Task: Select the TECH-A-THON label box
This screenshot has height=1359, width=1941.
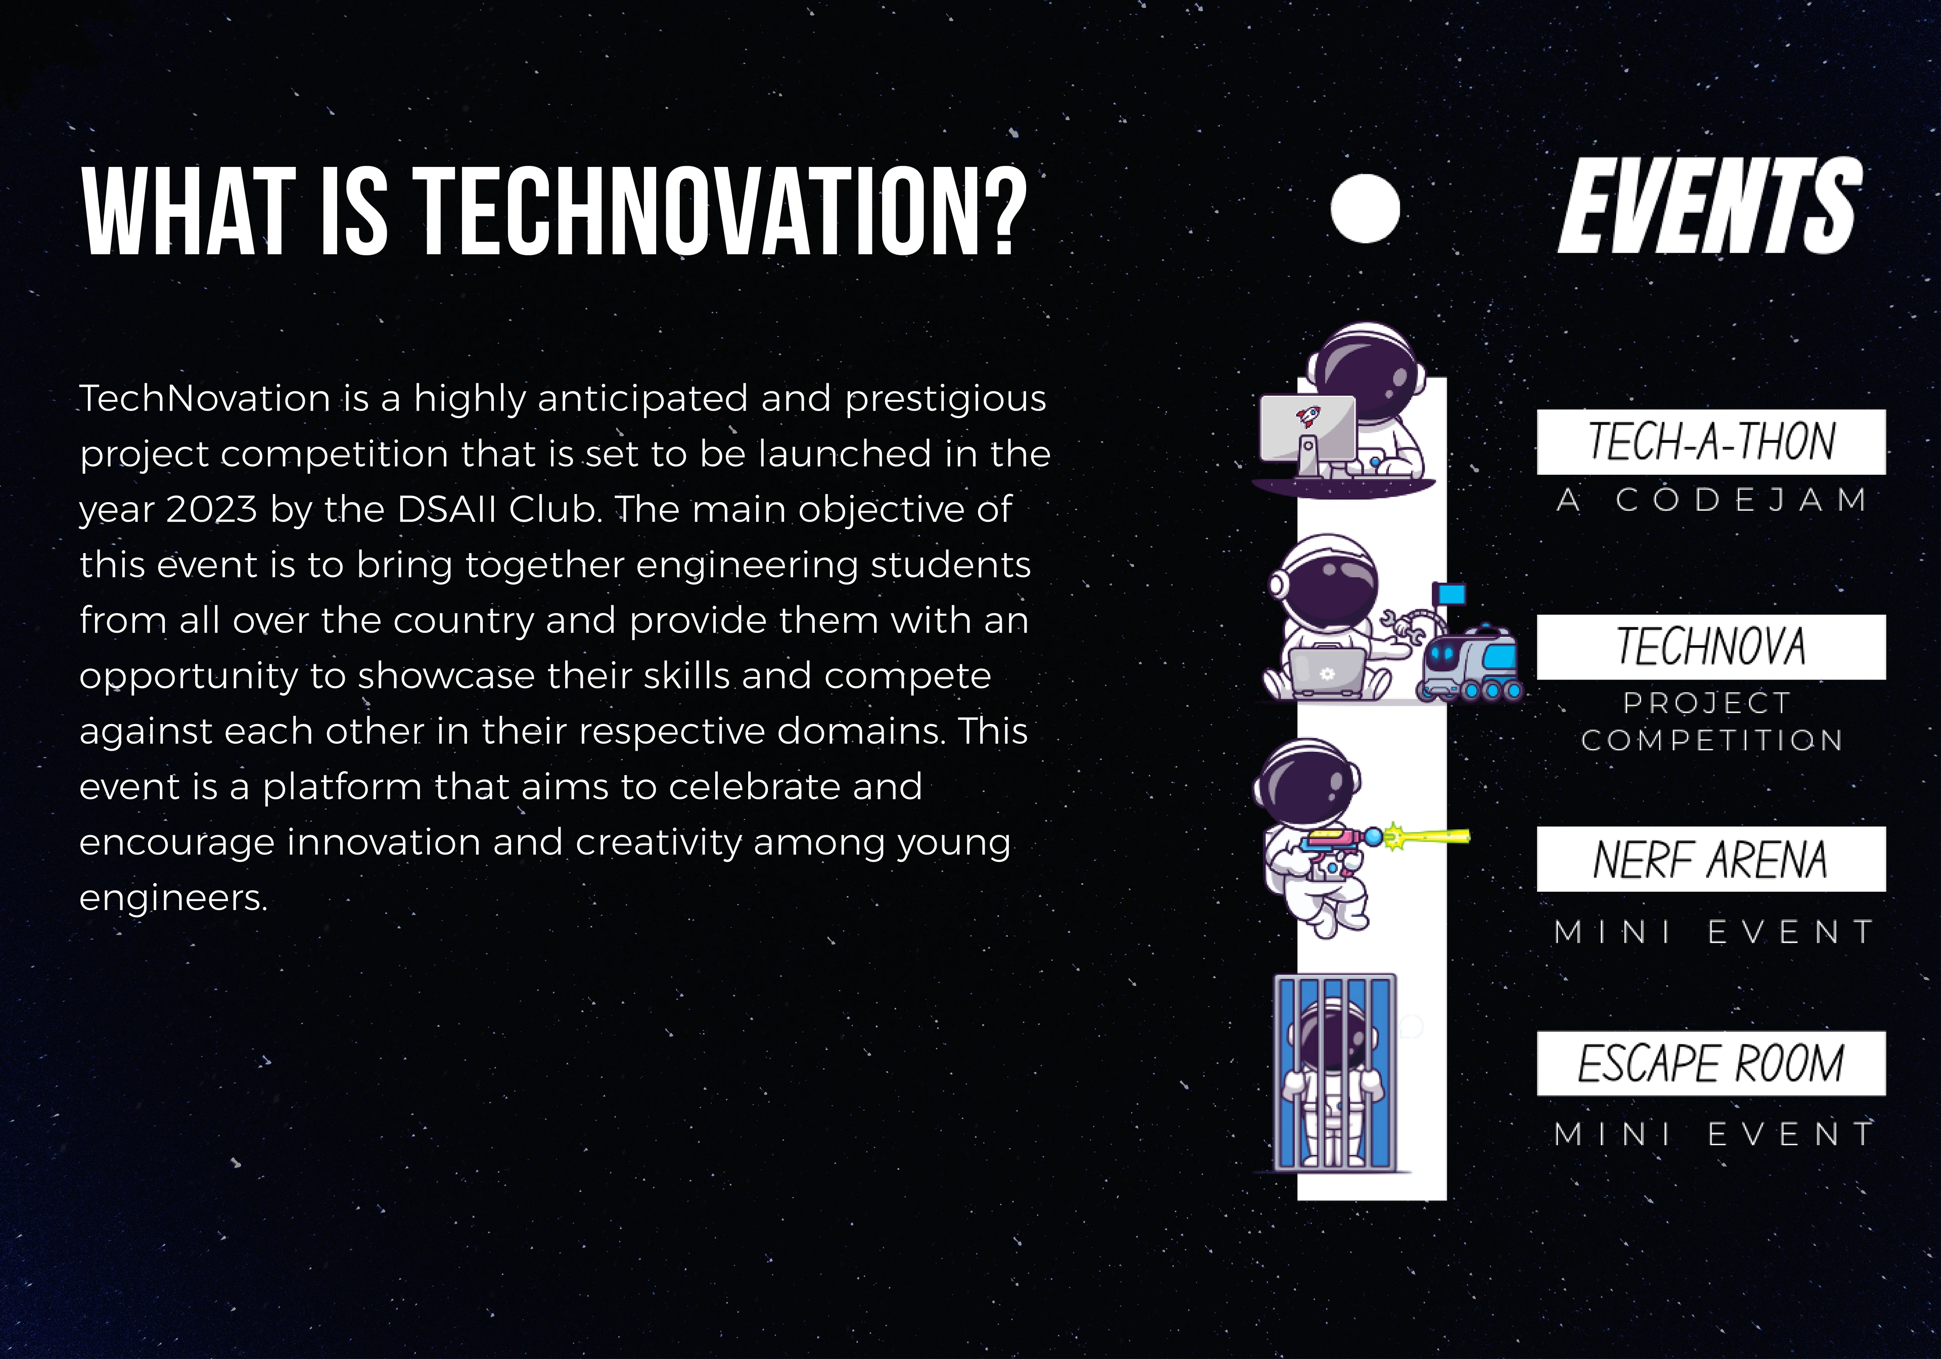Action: point(1711,441)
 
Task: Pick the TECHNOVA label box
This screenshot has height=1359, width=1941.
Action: point(1711,647)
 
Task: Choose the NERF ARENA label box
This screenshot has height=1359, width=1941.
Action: point(1711,859)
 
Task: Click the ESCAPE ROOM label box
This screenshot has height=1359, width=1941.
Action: point(1711,1064)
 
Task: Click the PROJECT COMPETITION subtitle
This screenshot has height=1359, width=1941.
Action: point(1711,721)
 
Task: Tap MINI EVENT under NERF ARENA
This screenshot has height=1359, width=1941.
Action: point(1715,932)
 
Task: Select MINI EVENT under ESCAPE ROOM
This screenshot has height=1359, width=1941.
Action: point(1715,1134)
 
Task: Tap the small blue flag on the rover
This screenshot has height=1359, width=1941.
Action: point(1452,595)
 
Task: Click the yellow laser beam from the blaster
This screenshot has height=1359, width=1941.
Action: point(1428,837)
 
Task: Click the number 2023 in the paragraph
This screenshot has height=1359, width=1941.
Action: point(211,509)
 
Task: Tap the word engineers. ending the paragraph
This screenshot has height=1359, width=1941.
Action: point(173,898)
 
